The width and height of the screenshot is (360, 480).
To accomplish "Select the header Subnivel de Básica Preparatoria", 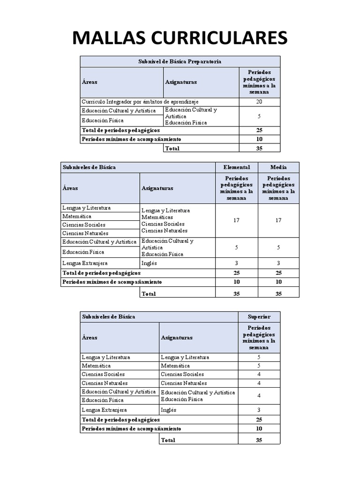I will tap(180, 61).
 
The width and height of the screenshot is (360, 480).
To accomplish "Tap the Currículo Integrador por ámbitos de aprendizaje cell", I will tap(140, 102).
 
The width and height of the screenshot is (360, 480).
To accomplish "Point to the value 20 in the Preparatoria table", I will tap(259, 102).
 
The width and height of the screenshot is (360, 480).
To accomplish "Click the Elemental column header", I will tap(236, 167).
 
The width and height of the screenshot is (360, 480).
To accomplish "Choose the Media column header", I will tap(278, 167).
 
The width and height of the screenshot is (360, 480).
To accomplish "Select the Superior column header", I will tap(259, 317).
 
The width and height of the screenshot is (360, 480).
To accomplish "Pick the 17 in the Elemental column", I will tap(236, 220).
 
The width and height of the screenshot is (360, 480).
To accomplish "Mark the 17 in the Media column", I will tap(278, 220).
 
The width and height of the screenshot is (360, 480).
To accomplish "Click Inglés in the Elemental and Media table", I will tap(149, 263).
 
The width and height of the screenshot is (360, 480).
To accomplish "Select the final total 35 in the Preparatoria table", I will tap(259, 148).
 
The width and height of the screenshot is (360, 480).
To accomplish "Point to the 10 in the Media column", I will tap(278, 282).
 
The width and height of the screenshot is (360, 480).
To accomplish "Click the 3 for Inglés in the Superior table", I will tap(259, 410).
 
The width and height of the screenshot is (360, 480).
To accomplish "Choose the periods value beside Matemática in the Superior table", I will tap(259, 366).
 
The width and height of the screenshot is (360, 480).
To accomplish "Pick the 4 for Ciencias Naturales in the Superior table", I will tap(259, 383).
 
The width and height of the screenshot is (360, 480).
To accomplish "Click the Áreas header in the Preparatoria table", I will tap(90, 82).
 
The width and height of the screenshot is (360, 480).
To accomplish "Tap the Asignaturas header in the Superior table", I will tap(177, 337).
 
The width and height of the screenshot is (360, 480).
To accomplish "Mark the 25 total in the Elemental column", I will tap(236, 273).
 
